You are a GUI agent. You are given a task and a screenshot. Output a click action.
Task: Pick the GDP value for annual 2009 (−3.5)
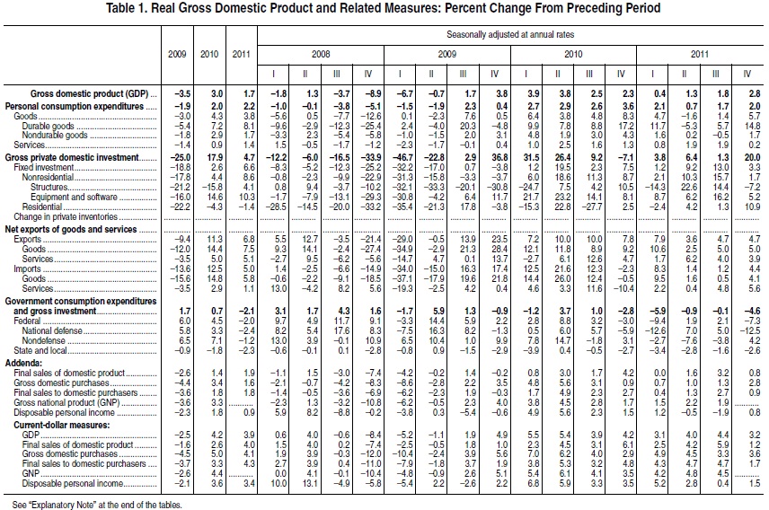pyautogui.click(x=179, y=92)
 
